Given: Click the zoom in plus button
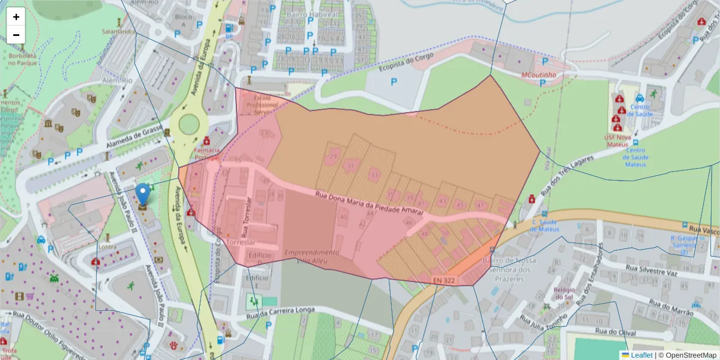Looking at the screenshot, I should (x=16, y=17).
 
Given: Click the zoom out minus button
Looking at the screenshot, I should (x=16, y=35).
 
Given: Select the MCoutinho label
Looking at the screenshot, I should (x=538, y=75).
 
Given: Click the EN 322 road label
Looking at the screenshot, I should (x=444, y=280).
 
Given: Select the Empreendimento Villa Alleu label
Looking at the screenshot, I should (x=311, y=256).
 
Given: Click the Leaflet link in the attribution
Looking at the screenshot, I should (x=641, y=355).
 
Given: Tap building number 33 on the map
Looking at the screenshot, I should (x=374, y=175).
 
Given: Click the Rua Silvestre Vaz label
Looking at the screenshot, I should (x=651, y=271).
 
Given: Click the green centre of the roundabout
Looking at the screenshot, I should (x=188, y=124).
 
